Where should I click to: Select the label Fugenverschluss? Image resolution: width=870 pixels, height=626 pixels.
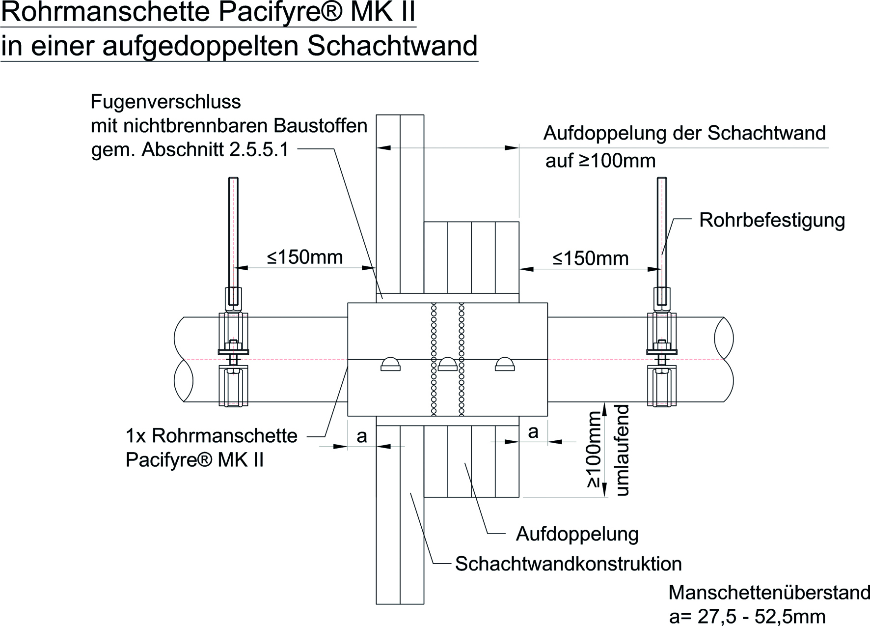[166, 102]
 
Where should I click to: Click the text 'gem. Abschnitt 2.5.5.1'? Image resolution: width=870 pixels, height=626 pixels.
[190, 149]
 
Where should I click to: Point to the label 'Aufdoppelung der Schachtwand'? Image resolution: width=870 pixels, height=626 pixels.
[684, 133]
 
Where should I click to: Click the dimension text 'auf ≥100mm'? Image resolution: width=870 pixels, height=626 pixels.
[600, 161]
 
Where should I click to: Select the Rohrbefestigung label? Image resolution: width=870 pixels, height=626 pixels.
[772, 220]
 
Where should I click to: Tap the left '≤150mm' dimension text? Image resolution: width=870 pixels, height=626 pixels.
[304, 257]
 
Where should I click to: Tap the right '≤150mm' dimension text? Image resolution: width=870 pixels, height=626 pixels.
[590, 258]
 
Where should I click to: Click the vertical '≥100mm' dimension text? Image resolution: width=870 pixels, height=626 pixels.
[593, 450]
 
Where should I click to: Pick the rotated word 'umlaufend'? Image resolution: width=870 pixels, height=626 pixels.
[622, 450]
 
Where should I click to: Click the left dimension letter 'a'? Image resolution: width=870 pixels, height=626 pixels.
[362, 436]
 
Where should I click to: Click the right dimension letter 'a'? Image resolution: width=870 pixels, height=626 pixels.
[533, 431]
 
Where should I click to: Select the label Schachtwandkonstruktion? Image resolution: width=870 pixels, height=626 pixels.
[568, 564]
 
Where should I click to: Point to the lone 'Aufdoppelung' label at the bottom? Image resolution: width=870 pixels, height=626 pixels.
[577, 534]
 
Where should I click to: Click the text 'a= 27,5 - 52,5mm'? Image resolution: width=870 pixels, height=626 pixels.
[747, 616]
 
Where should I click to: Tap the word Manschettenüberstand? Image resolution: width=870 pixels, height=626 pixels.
[769, 593]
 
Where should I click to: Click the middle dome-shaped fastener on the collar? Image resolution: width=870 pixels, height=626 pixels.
[448, 364]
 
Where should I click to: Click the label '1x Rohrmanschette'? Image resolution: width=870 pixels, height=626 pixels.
[212, 436]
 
